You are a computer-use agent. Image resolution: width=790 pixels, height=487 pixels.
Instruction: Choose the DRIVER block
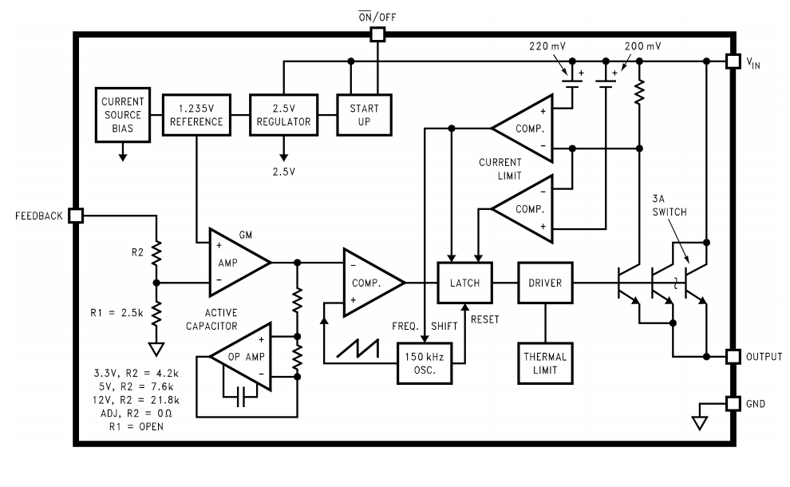point(545,283)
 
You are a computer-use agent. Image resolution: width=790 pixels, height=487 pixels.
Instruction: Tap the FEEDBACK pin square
point(76,216)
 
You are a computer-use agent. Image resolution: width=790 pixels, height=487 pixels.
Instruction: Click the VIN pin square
point(733,61)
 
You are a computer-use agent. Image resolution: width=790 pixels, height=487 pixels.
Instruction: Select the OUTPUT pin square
point(733,355)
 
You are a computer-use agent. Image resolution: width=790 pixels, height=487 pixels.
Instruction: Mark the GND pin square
point(733,404)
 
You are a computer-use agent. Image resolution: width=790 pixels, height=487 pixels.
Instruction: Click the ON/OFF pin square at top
point(377,34)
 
